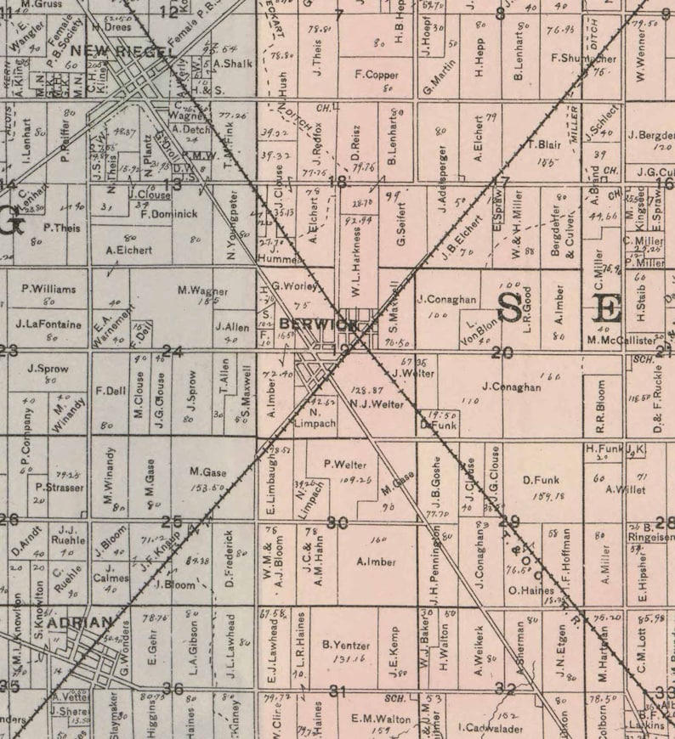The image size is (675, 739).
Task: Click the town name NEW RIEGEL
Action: tap(124, 51)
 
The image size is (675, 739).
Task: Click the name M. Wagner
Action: tap(203, 291)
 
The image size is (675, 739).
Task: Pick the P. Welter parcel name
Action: tap(345, 465)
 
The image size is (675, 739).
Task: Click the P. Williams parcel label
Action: tap(48, 289)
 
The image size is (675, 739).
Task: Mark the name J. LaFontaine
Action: tap(48, 324)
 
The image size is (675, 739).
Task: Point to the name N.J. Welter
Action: tap(377, 404)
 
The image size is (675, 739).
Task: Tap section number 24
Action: tap(173, 352)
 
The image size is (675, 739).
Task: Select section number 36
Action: tap(173, 689)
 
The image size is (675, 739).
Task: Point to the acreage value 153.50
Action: tap(207, 487)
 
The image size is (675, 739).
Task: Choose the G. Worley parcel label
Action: tap(295, 287)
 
